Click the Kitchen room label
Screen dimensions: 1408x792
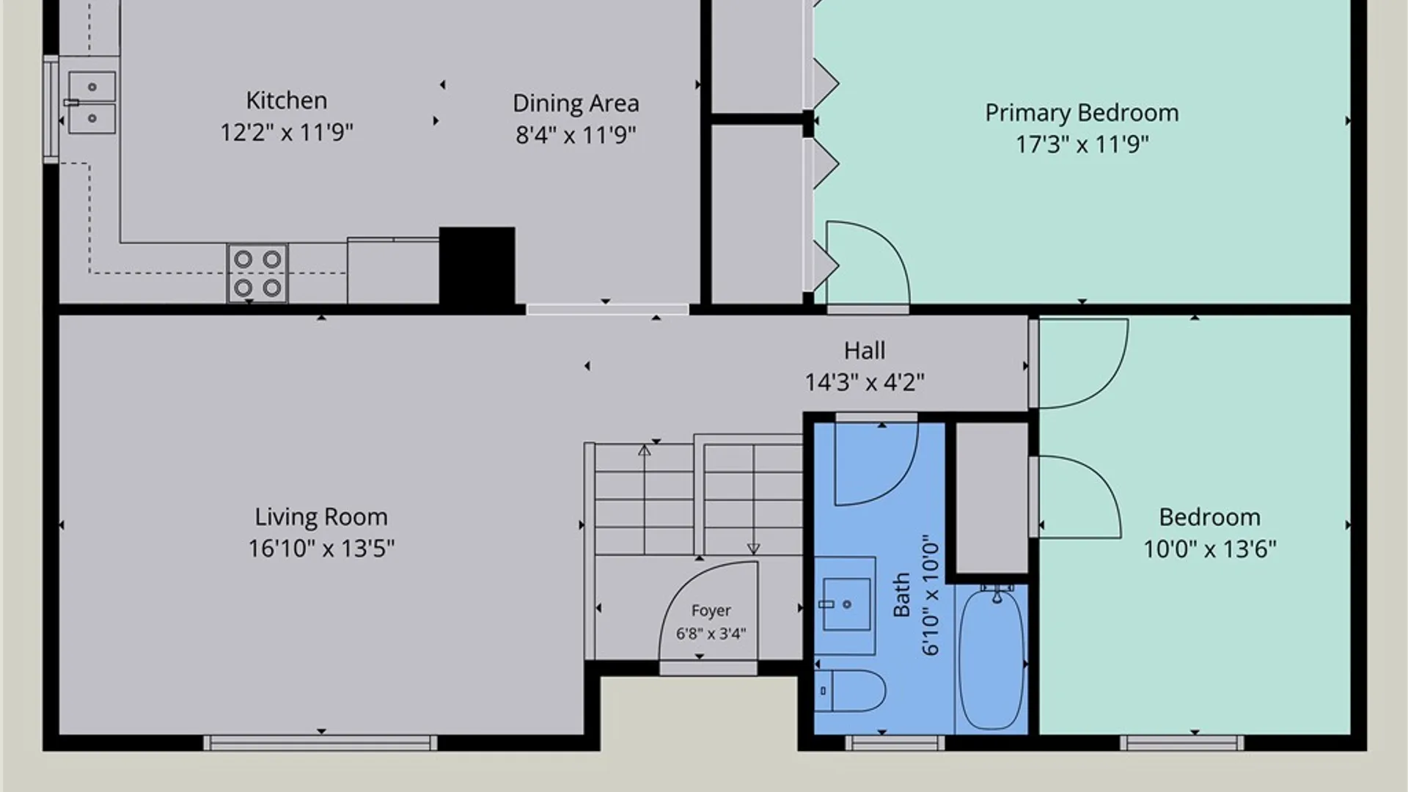286,100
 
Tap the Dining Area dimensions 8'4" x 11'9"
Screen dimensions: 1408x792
576,135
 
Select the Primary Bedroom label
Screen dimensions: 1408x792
1082,113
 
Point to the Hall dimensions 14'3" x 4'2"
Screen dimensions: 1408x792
865,382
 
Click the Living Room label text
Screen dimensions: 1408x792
321,517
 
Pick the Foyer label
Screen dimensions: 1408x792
711,610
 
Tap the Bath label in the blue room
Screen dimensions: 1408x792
901,595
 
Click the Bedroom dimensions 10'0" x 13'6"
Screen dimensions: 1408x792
1210,549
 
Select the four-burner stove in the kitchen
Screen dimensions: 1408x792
257,274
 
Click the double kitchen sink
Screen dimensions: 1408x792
92,103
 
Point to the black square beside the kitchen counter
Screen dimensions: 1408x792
477,265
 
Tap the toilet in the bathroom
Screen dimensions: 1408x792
850,691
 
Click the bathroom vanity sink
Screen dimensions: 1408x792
846,604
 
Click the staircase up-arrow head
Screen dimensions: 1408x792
644,450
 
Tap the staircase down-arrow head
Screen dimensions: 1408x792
753,549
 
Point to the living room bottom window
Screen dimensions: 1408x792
320,743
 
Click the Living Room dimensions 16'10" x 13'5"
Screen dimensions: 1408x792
321,549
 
